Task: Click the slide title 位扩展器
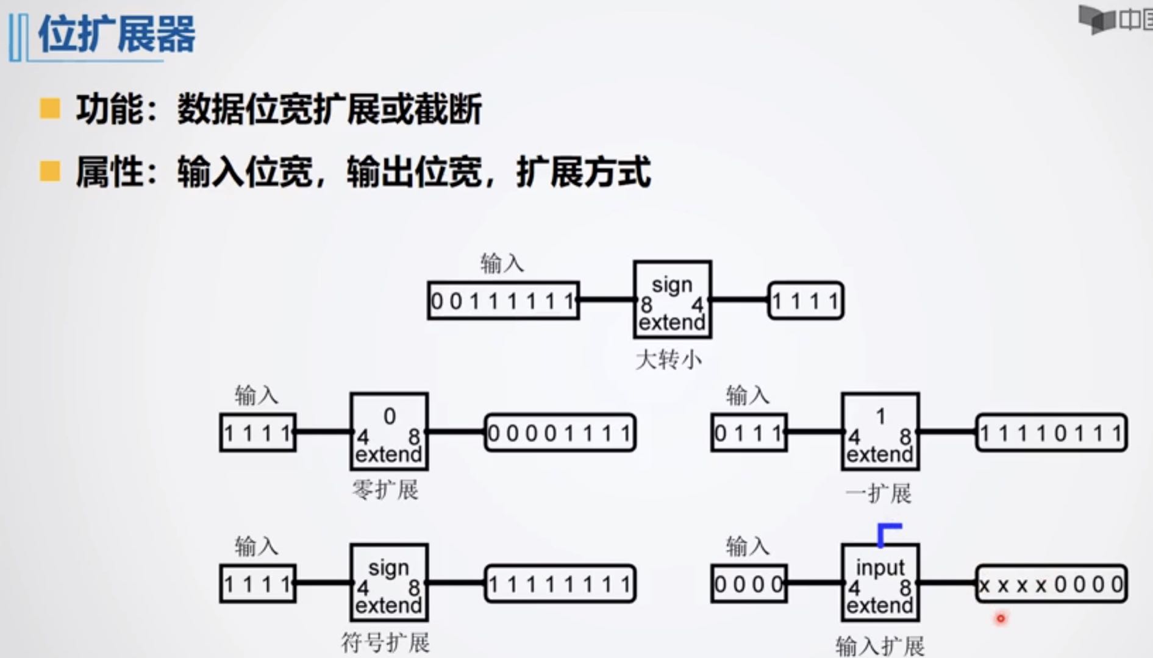click(116, 35)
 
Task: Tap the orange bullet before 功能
click(50, 109)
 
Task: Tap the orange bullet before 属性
click(50, 171)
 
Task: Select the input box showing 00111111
click(503, 300)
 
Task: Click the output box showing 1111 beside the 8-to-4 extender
click(805, 300)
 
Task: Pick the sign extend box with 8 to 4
click(672, 300)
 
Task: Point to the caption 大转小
click(668, 359)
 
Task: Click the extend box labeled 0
click(389, 431)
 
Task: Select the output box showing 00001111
click(560, 433)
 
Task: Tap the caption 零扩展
click(385, 490)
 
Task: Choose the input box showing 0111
click(749, 433)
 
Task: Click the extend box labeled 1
click(880, 431)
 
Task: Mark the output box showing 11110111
click(1051, 433)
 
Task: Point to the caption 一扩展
click(879, 492)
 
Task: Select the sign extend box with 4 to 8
click(389, 582)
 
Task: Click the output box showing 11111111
click(560, 584)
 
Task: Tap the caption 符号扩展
click(385, 642)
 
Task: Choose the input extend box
click(880, 582)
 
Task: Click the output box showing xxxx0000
click(1051, 584)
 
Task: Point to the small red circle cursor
click(1001, 619)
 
